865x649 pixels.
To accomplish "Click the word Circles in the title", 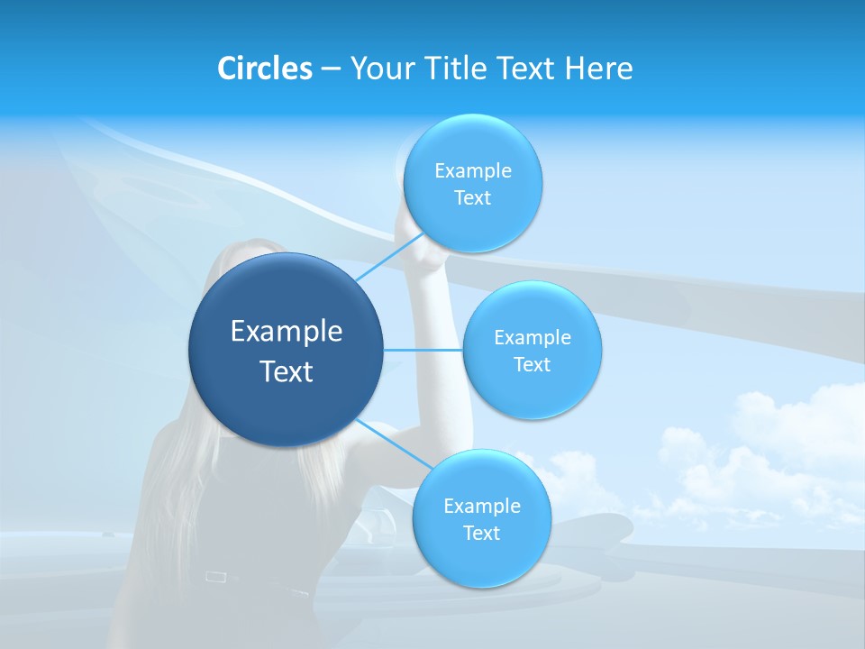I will (x=264, y=69).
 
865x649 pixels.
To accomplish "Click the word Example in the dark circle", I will (x=287, y=332).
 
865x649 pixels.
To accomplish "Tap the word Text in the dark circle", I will (x=287, y=371).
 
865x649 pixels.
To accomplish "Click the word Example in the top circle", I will (x=472, y=170).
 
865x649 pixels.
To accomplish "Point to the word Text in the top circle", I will (x=472, y=197).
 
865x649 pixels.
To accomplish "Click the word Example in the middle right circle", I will (x=532, y=337).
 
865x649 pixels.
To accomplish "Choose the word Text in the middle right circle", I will (x=532, y=364).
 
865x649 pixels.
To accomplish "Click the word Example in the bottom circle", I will (x=481, y=506).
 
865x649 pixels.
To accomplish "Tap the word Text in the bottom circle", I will (x=481, y=533).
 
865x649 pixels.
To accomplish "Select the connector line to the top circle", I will (x=387, y=258).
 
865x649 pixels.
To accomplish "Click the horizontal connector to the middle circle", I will (x=423, y=350).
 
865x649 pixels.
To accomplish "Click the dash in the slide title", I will (x=331, y=69).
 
